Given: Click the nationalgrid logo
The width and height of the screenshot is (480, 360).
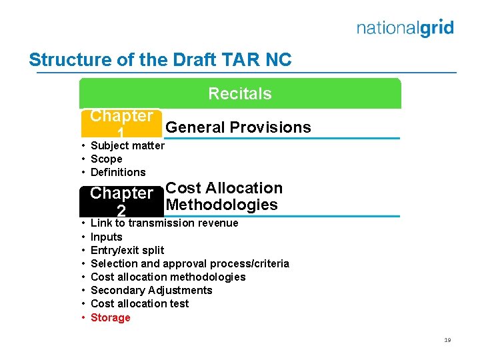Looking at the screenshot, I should coord(405,28).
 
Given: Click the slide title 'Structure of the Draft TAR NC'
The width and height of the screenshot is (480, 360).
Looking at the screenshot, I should coord(160,60).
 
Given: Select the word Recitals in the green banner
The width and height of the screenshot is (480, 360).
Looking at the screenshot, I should coord(240,94).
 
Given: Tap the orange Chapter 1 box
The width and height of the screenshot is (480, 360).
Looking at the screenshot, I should coord(121,123).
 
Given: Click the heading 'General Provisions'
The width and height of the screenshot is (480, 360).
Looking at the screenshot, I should coord(238,127).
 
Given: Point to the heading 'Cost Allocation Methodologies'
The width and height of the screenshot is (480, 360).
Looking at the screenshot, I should coord(223,197).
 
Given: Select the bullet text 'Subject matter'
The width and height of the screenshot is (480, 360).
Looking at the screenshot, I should coord(127,145).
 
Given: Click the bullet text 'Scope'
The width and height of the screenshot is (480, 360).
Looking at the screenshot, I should coord(106,159).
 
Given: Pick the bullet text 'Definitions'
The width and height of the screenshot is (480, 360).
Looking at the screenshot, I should coord(117,172).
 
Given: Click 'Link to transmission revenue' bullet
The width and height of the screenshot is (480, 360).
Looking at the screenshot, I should coord(164,223).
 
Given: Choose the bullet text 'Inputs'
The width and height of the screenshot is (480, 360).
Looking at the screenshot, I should coord(106,237).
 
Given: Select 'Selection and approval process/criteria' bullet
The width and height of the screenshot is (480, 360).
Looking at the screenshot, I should coord(189,263).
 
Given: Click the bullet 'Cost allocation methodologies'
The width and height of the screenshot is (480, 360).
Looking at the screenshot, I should coord(167,277).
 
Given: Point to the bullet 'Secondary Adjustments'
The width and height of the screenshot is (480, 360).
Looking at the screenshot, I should coord(151,290).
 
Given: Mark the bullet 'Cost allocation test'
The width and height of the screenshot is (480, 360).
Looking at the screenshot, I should coord(139,303).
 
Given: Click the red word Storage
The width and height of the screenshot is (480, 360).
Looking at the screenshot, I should coord(110,317).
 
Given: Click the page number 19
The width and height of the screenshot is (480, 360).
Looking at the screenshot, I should coord(447,340).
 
